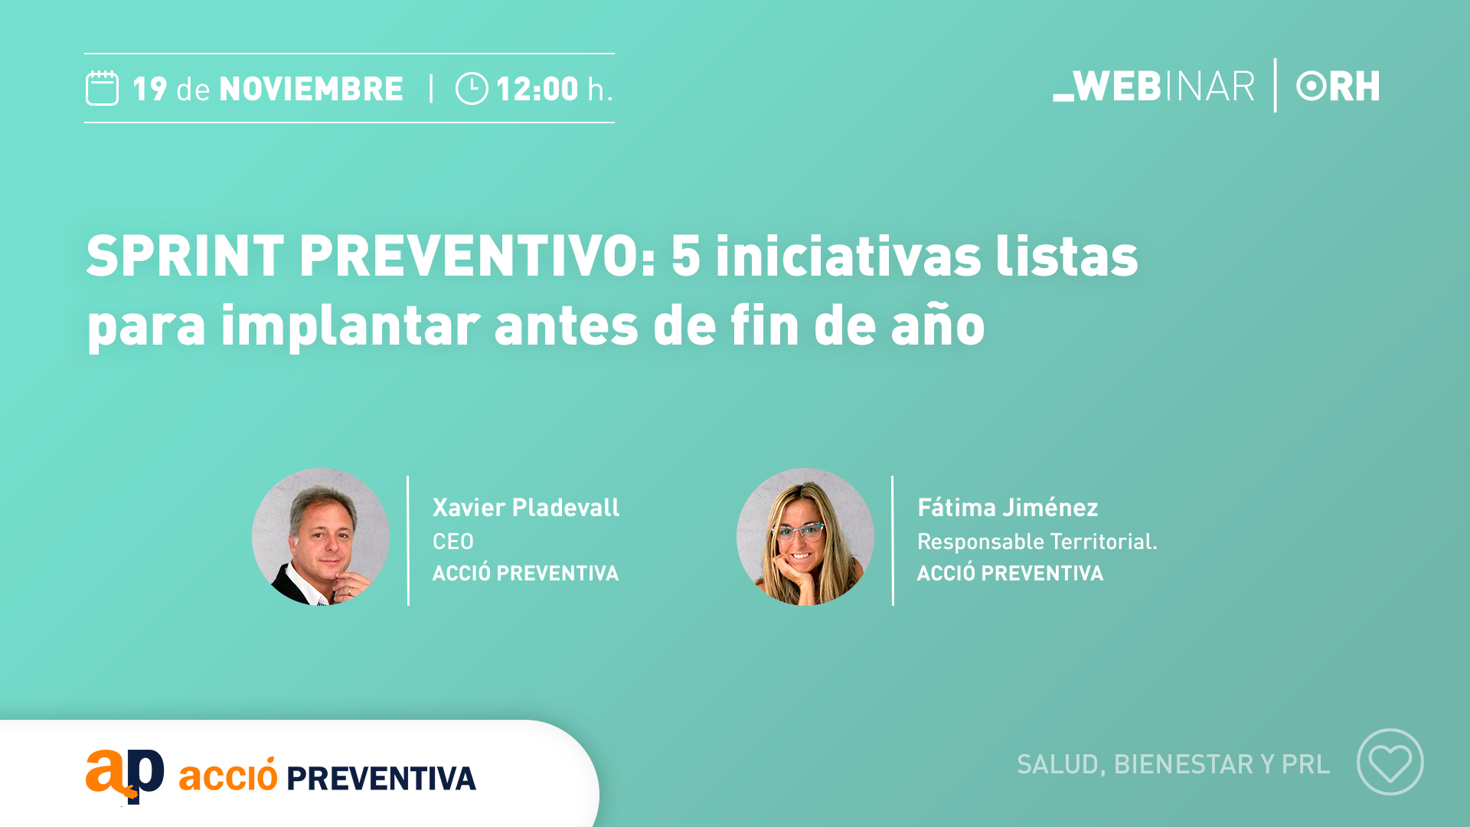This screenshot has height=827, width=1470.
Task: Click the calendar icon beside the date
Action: (102, 88)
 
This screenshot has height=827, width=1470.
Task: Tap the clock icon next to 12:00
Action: (472, 89)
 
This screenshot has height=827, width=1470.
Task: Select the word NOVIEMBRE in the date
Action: (311, 89)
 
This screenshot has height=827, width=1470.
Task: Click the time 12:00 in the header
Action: (537, 89)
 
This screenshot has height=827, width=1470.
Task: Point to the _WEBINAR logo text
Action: (1154, 86)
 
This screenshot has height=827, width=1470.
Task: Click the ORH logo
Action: (1338, 86)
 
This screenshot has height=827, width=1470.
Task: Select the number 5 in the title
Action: (685, 256)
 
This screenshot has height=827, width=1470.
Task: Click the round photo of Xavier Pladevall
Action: (321, 537)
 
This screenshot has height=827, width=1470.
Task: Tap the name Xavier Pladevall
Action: (526, 508)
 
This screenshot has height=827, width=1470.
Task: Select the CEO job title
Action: (453, 541)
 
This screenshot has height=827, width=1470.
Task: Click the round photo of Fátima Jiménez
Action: (805, 537)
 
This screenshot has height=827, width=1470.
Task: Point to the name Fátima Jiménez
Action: (1008, 508)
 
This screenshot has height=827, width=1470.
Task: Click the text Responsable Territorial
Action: (1037, 541)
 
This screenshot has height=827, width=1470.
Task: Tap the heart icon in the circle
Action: (1390, 763)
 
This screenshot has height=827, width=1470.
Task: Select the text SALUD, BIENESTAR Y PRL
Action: (1174, 764)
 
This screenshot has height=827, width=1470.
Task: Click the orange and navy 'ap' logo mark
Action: (125, 776)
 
